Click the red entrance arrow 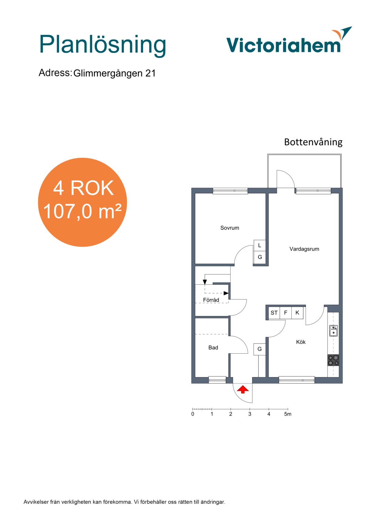[243, 389]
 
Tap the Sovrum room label [230, 228]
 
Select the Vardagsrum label [304, 249]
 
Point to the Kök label [301, 342]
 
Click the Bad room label [213, 348]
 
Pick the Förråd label [211, 300]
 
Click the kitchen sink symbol [334, 331]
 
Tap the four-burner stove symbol [333, 360]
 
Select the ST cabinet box [274, 313]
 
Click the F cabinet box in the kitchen [286, 313]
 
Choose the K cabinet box [297, 313]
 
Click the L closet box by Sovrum [260, 245]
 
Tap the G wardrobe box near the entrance [260, 349]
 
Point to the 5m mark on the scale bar [288, 414]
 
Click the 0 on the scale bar [193, 414]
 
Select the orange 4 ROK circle [82, 202]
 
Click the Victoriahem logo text [284, 45]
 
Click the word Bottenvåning [313, 142]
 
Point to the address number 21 [150, 73]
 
